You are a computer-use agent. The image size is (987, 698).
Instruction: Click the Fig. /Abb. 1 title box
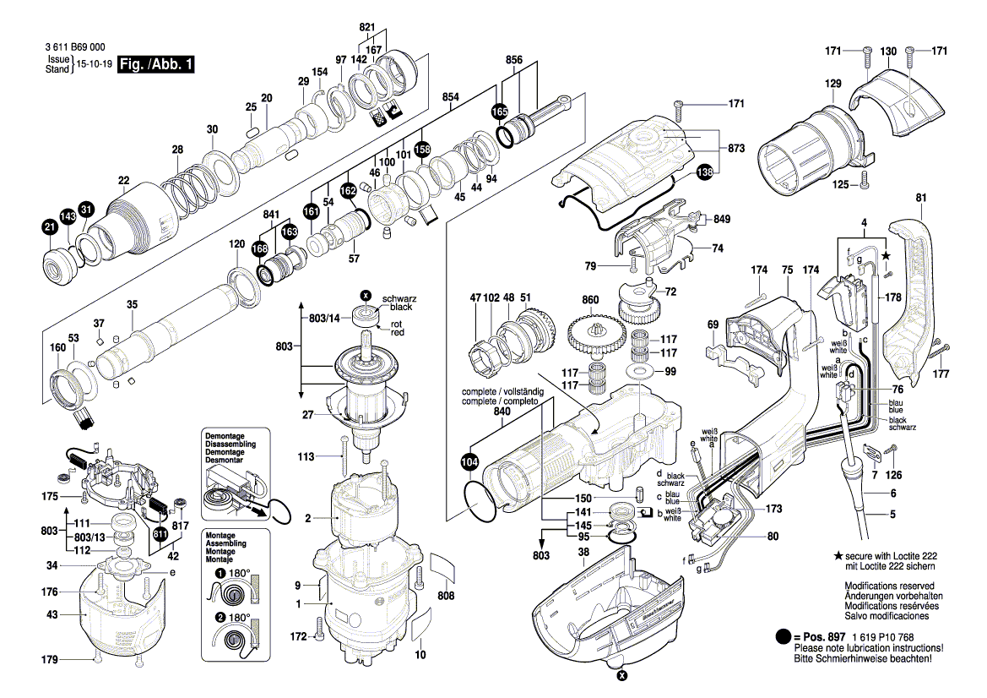click(x=157, y=65)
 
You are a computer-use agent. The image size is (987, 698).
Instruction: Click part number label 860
click(x=590, y=300)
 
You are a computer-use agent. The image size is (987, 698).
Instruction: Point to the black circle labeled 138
click(x=704, y=172)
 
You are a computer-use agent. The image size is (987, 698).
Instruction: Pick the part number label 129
click(x=833, y=84)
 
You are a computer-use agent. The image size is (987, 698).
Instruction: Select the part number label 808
click(x=446, y=596)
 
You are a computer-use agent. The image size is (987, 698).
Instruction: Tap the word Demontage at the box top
click(x=224, y=435)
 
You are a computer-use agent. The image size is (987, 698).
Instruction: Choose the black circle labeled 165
click(x=500, y=112)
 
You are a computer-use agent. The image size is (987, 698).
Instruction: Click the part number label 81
click(x=920, y=198)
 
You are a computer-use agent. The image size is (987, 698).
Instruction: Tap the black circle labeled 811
click(x=160, y=532)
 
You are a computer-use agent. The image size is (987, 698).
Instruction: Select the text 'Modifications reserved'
click(x=889, y=586)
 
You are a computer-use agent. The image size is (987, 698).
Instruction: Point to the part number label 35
click(x=132, y=304)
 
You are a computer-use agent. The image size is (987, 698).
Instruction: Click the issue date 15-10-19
click(x=94, y=64)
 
